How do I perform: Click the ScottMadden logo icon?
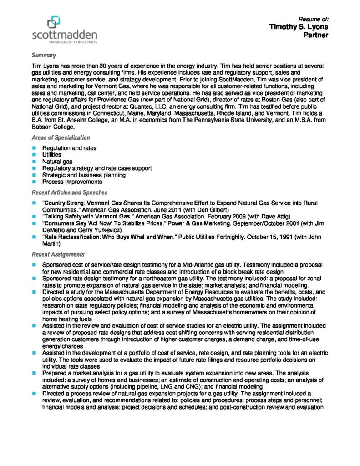pyautogui.click(x=54, y=22)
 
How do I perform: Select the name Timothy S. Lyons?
pyautogui.click(x=298, y=27)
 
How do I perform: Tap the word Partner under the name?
pyautogui.click(x=316, y=35)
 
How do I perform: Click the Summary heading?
pyautogui.click(x=44, y=56)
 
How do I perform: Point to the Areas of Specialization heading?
pyautogui.click(x=61, y=137)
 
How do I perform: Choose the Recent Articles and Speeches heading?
pyautogui.click(x=69, y=192)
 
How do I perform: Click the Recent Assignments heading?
pyautogui.click(x=58, y=254)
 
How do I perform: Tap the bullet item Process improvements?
pyautogui.click(x=72, y=182)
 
